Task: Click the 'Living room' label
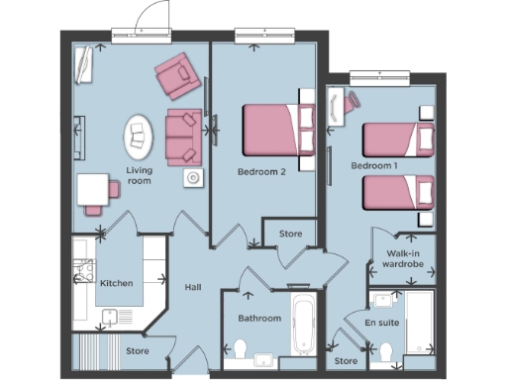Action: [140, 176]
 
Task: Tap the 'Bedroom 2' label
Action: [261, 171]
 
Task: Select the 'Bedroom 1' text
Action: [374, 165]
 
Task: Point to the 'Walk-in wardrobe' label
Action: [402, 259]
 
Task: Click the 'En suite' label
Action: [381, 324]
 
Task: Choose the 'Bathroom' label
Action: [259, 319]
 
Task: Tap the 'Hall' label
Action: [193, 287]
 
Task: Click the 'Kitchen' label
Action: [117, 283]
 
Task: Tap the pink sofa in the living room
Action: [183, 137]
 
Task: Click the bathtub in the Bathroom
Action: [301, 323]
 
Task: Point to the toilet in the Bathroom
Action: [240, 348]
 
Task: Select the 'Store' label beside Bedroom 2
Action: [290, 236]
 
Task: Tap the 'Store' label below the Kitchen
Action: [137, 350]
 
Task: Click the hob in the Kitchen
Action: [83, 270]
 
